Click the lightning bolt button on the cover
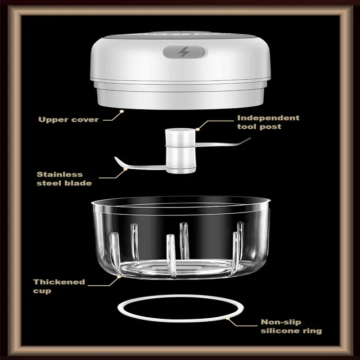point(185,52)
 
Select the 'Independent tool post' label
point(268,122)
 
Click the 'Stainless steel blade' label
point(64,178)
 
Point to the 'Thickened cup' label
point(58,286)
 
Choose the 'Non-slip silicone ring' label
point(291,326)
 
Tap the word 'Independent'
point(268,118)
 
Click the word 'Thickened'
point(58,282)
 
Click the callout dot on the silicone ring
point(228,318)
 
